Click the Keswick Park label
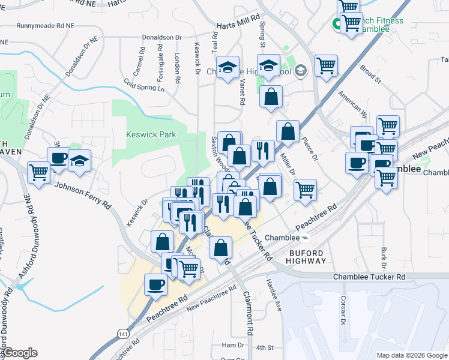(x=151, y=134)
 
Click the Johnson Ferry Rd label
(x=83, y=195)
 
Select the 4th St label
(x=264, y=347)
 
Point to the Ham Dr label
(x=233, y=345)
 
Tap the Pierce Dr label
(x=311, y=151)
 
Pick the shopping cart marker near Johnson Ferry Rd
(x=39, y=173)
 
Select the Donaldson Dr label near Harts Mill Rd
(x=161, y=37)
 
